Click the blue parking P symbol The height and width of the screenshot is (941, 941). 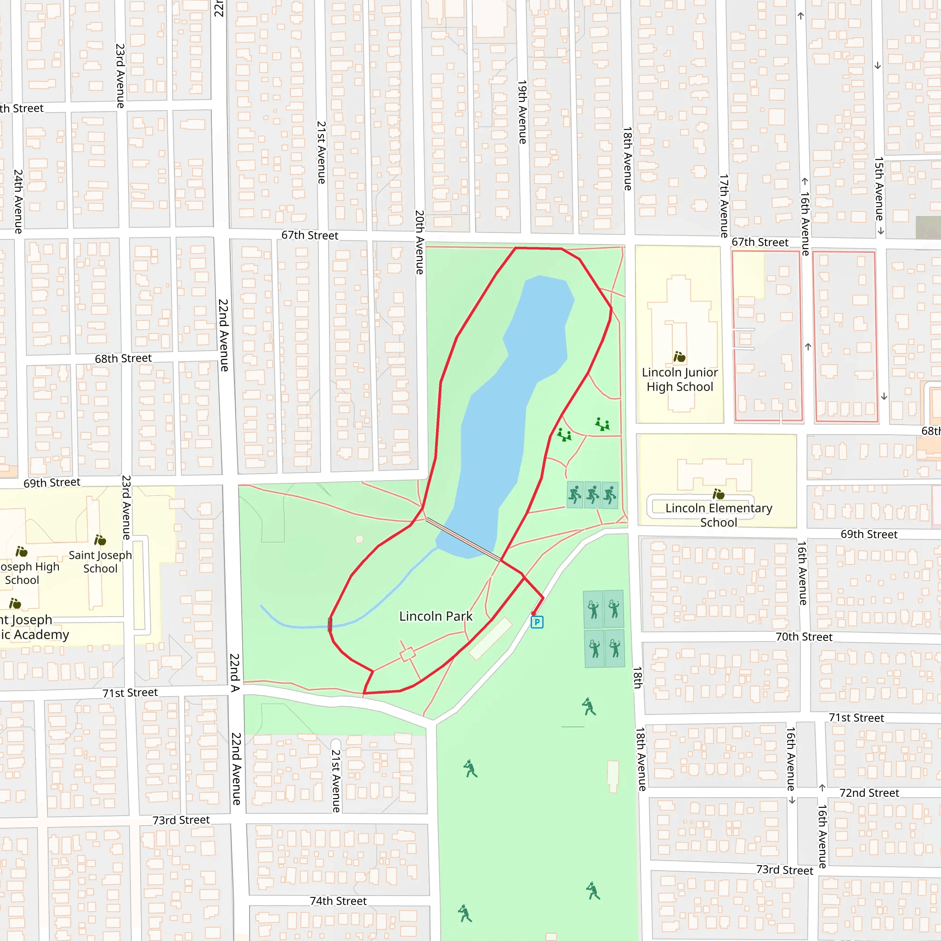click(537, 622)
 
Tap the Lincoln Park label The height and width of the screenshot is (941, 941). click(436, 616)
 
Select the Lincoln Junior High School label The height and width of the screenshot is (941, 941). click(680, 380)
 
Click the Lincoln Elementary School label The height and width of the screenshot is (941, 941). click(719, 515)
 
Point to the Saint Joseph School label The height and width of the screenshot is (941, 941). click(100, 561)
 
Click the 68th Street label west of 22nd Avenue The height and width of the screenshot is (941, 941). click(123, 358)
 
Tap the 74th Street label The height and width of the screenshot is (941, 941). click(338, 901)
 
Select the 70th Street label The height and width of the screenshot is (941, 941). click(804, 636)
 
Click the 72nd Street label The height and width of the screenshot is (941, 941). click(869, 793)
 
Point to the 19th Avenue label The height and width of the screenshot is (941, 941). click(522, 112)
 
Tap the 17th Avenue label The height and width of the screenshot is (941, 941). click(724, 205)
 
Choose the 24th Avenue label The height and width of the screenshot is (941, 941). click(18, 201)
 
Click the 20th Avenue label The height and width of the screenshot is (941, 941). click(419, 242)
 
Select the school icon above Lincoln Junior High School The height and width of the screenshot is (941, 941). click(680, 357)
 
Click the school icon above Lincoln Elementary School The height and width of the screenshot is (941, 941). click(719, 494)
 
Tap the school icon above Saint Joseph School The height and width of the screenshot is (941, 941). click(100, 540)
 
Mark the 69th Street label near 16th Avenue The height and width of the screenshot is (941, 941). click(868, 534)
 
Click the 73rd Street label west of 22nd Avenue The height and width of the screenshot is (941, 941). click(181, 820)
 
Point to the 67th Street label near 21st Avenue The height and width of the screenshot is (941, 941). click(310, 235)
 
